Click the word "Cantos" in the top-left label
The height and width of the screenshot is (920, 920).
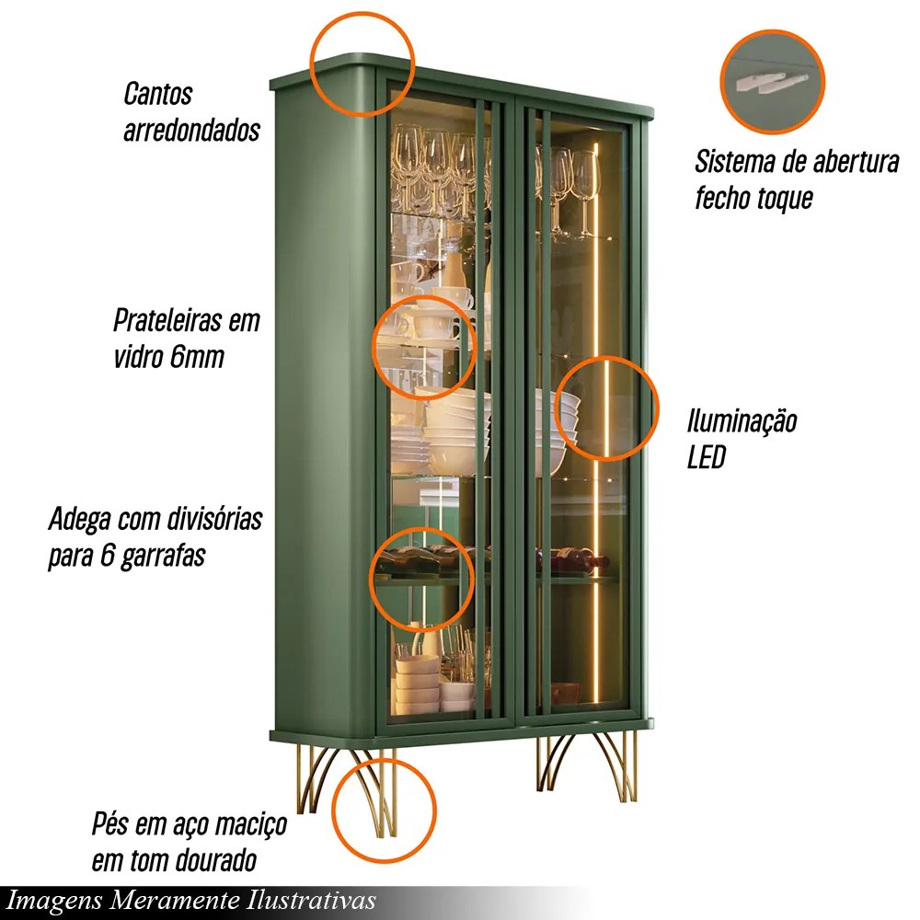point(157,94)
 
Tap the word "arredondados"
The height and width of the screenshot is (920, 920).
point(191,130)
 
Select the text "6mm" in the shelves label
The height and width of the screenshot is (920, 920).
point(197,357)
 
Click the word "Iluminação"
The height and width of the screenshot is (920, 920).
point(742,422)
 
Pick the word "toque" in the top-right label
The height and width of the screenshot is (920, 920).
point(780,198)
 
